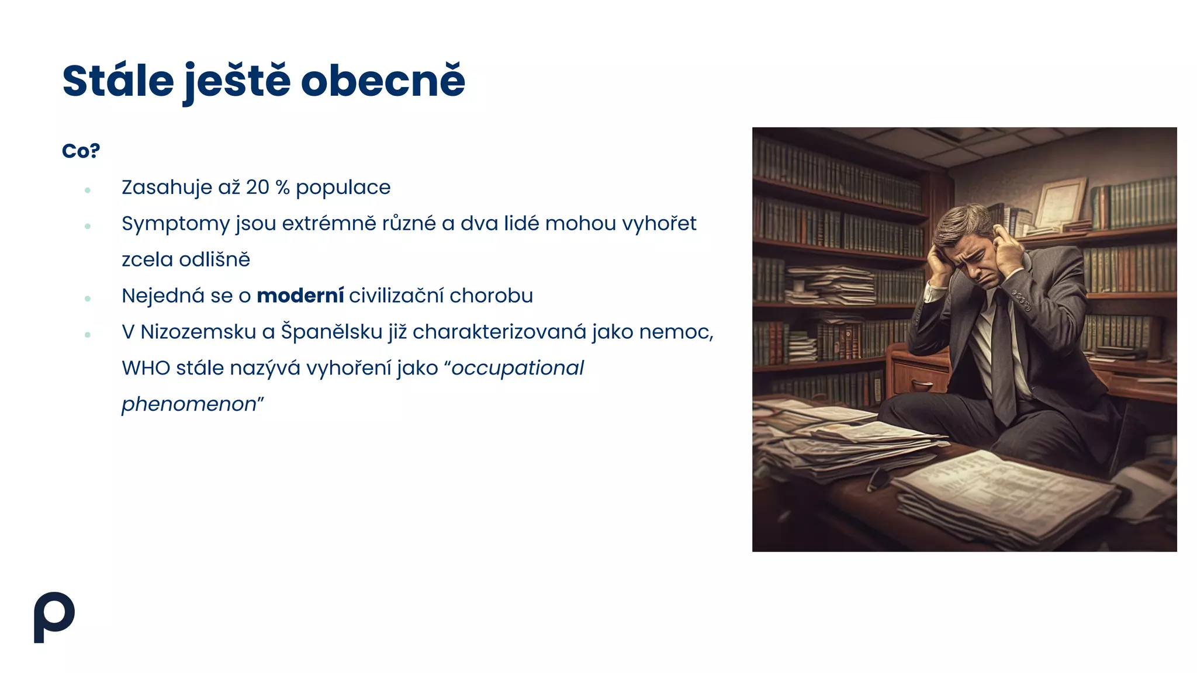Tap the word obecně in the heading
[383, 81]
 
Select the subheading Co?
[81, 151]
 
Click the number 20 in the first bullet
[257, 188]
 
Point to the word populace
[343, 188]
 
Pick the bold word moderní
[300, 296]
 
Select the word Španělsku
[331, 332]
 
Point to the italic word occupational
[518, 368]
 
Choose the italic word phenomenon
[189, 404]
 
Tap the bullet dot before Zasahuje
[88, 190]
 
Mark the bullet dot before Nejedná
[88, 299]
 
